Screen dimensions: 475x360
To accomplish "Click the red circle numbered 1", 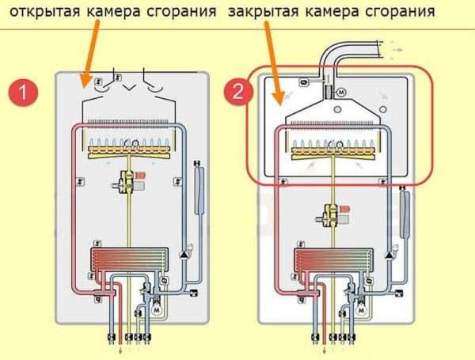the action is [x=23, y=92].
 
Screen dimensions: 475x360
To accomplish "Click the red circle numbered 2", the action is [x=238, y=91].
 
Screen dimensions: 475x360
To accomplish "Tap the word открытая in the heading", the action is [x=45, y=12].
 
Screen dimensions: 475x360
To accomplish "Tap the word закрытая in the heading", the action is [x=264, y=12].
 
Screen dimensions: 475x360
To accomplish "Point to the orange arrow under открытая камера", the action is [x=90, y=54].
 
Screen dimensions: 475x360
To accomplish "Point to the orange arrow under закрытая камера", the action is [x=273, y=63].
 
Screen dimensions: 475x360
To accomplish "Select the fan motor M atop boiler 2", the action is [x=341, y=92].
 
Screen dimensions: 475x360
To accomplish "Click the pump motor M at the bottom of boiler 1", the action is [x=157, y=310].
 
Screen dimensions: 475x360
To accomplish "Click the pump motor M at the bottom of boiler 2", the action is [x=361, y=311].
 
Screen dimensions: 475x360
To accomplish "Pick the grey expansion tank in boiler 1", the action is [x=199, y=188].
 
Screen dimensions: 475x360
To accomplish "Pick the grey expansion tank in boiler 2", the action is [x=404, y=212].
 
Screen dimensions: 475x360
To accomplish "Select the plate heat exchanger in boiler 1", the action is [x=130, y=260].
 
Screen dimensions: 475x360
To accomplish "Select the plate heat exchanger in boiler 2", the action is [x=333, y=260].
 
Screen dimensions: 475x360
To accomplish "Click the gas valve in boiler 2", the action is [x=333, y=214].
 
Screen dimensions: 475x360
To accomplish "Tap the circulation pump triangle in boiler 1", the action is [x=184, y=255].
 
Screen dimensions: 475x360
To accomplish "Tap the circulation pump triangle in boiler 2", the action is [x=389, y=256].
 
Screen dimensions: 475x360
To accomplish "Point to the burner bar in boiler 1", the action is [x=129, y=152].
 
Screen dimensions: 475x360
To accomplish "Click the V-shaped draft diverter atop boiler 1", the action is [x=129, y=88].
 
